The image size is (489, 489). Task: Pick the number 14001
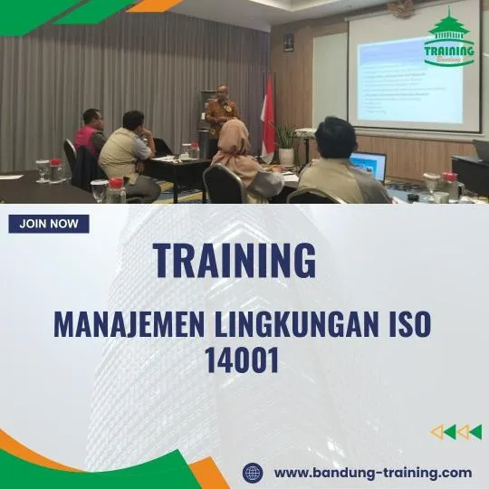[x=243, y=361]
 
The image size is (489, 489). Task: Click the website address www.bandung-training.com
[x=372, y=473]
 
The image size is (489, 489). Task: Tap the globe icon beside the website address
[x=254, y=473]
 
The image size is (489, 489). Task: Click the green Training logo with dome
[x=449, y=38]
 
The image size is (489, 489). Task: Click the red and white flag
[x=268, y=113]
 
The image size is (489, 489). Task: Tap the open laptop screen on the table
[x=369, y=165]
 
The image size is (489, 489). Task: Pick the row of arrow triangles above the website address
[x=455, y=432]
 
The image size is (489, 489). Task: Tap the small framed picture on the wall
[x=288, y=42]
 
